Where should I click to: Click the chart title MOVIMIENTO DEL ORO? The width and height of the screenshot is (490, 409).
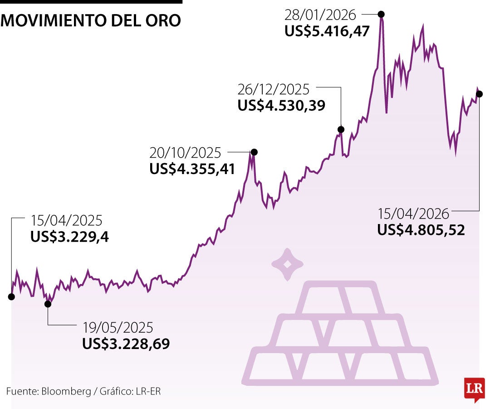coord(91,20)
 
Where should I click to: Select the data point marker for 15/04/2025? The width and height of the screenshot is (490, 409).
coord(11,297)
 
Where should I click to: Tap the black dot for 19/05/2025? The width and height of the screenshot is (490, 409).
coord(48,304)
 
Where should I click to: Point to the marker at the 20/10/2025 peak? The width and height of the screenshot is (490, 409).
coord(254,152)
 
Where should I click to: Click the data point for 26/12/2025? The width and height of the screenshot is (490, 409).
coord(341,129)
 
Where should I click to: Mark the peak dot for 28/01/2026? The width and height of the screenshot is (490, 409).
coord(382,14)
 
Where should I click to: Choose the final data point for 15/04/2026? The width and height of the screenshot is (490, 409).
coord(479,94)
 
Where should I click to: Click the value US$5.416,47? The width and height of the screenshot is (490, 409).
coord(327,32)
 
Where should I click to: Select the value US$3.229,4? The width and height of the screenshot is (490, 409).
coord(69,237)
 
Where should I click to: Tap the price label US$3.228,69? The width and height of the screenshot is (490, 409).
coord(126,344)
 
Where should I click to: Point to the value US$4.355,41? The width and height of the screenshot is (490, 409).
coord(192,169)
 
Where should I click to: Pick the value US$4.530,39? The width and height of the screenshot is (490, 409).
coord(281,105)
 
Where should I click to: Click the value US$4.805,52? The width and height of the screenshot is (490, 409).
coord(421,230)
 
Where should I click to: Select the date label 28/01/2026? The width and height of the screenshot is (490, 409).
coord(320,15)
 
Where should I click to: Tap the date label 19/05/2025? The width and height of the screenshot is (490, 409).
coord(118,327)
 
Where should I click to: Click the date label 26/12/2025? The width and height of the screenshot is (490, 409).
coord(273,89)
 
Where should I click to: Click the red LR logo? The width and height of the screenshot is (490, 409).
coord(474,389)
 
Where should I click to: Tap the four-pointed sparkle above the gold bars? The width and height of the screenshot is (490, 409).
coord(287,264)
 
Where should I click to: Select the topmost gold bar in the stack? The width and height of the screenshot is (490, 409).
coord(339,298)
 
